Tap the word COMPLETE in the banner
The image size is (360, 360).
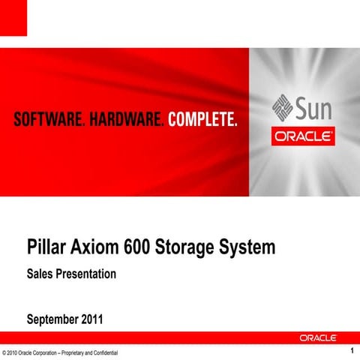coord(202,120)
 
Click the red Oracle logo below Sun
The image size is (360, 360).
coord(303,138)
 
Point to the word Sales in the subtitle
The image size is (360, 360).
coord(39,274)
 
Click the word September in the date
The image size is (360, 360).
coord(54,321)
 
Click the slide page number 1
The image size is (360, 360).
coord(351,351)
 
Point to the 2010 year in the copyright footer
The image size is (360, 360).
coord(16,352)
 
